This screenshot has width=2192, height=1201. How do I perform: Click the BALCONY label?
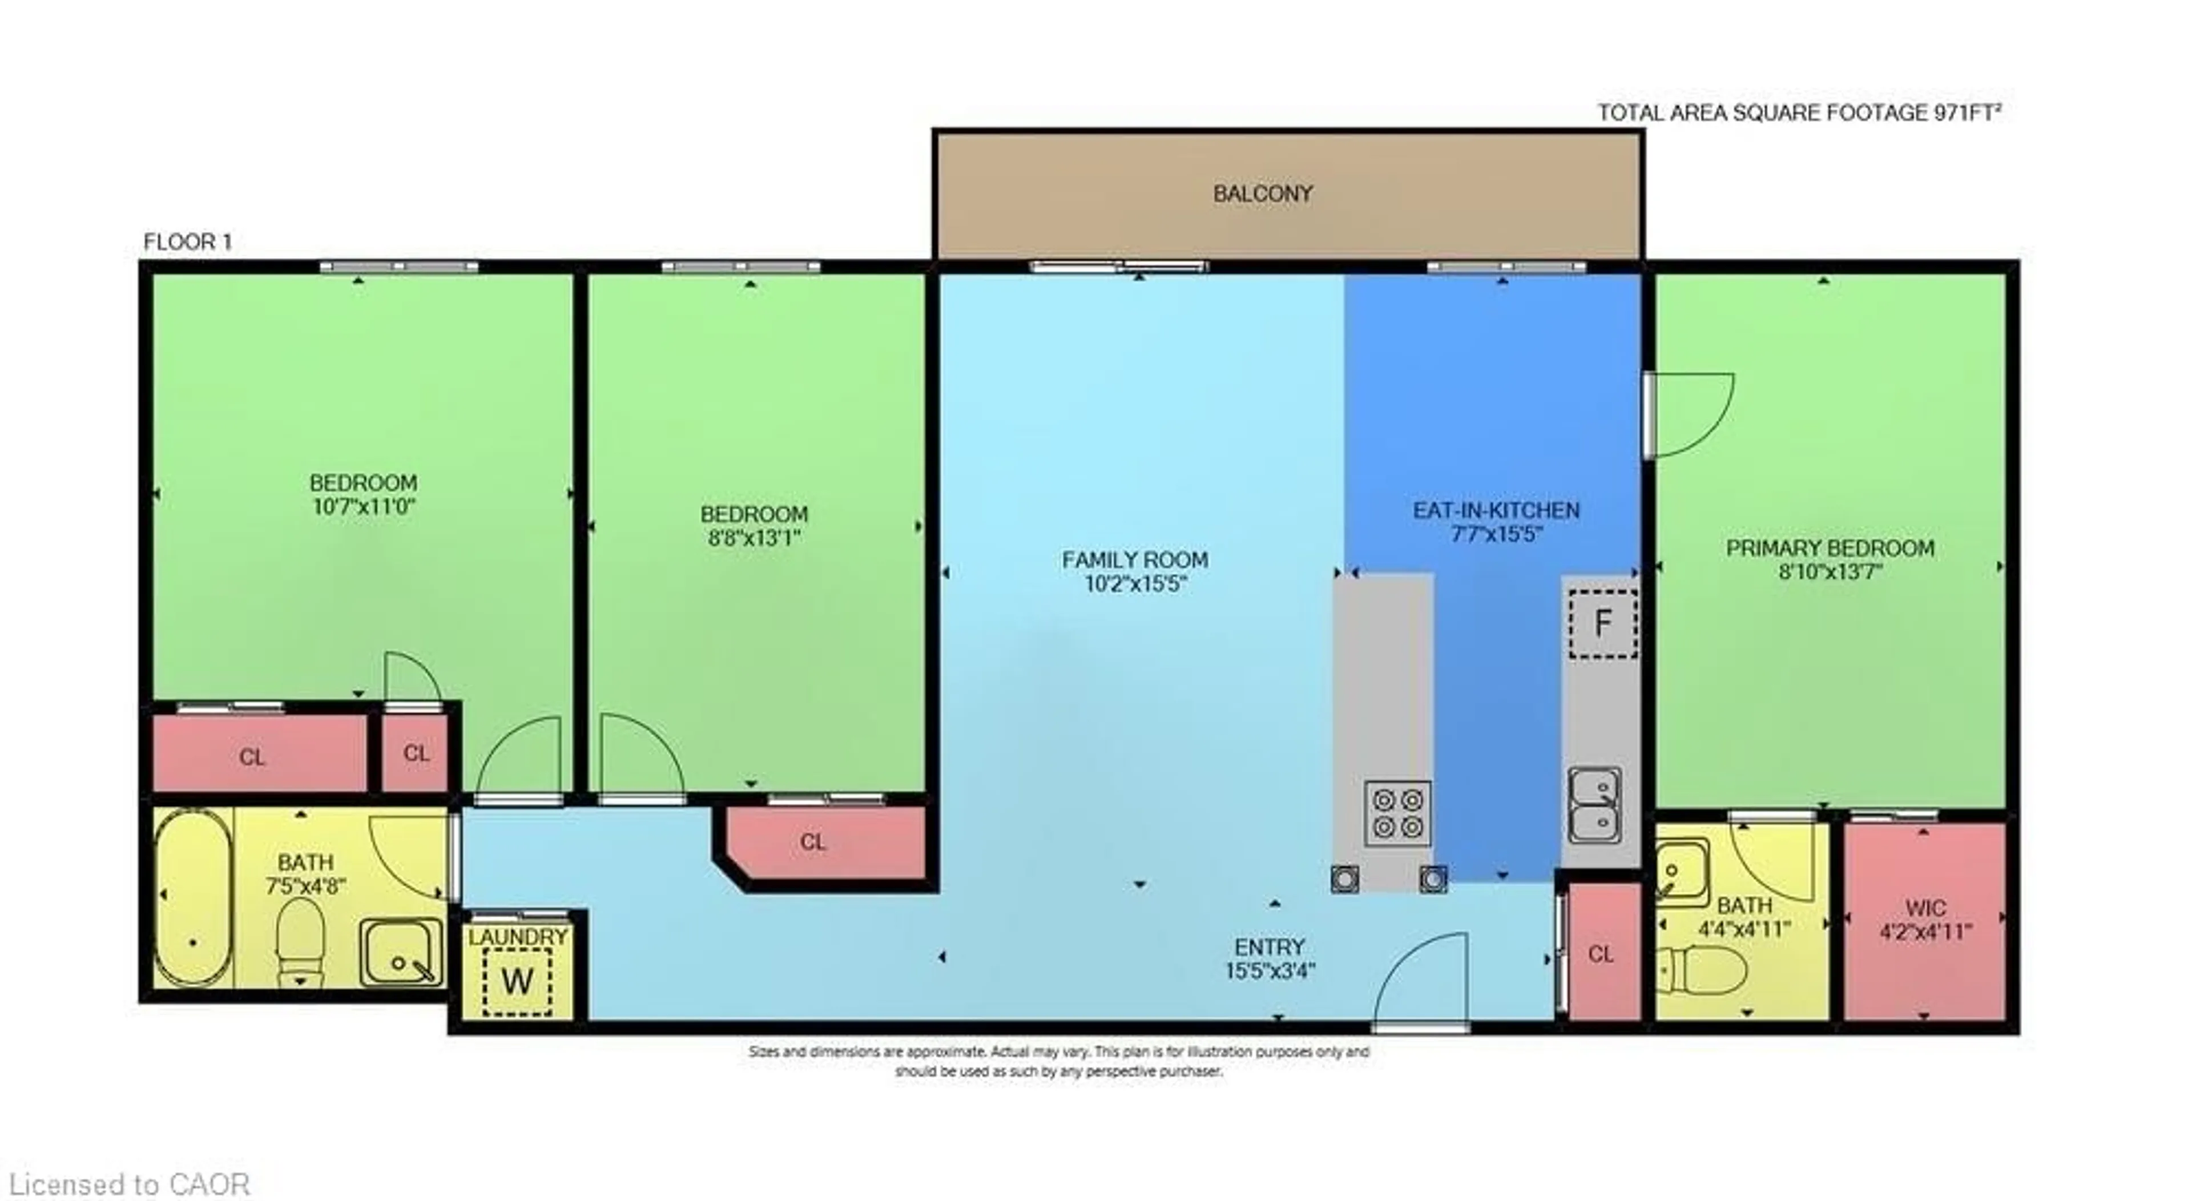pos(1262,194)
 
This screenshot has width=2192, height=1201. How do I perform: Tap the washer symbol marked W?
pos(517,981)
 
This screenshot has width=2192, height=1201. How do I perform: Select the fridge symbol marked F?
pos(1603,623)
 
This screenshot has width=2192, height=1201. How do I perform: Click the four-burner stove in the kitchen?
pos(1397,813)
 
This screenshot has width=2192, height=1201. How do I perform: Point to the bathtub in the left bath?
pos(193,898)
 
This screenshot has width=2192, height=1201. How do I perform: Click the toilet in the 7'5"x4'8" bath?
pos(300,941)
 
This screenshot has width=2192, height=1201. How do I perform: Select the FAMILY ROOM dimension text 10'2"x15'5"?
pos(1135,584)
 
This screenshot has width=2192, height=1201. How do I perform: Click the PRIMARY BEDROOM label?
pos(1830,548)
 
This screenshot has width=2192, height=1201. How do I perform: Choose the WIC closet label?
pos(1925,908)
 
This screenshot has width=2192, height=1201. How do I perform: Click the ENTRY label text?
pos(1270,946)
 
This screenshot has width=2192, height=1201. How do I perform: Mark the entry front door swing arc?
pos(1421,979)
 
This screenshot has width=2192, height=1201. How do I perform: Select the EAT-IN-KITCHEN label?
pos(1496,511)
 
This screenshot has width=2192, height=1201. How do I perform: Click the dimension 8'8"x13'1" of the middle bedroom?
pos(754,538)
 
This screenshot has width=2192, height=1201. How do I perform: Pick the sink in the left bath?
pos(401,952)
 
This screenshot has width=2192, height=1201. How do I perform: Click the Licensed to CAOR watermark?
pos(130,1184)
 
